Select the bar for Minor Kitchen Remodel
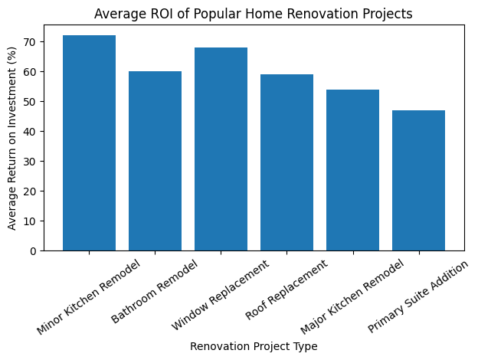[89, 143]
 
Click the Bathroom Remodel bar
[155, 161]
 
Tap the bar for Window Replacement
[221, 149]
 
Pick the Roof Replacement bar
[286, 162]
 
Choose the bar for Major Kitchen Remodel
[352, 170]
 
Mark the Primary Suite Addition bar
[418, 181]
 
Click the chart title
[254, 13]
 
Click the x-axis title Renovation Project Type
[254, 346]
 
